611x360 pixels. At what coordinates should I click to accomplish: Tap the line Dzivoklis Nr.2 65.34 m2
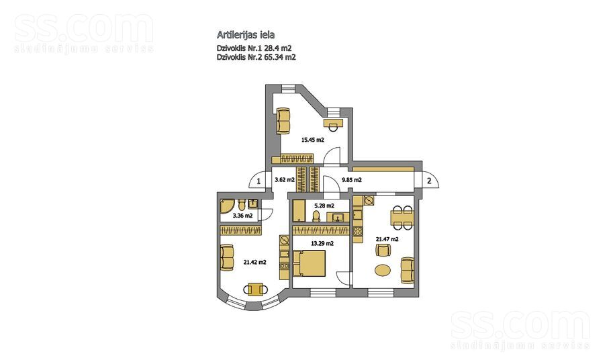pyautogui.click(x=256, y=58)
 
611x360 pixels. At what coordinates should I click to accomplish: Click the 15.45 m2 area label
pyautogui.click(x=312, y=140)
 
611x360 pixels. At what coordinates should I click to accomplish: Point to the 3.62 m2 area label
pyautogui.click(x=285, y=180)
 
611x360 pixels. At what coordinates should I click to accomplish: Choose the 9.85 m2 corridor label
pyautogui.click(x=352, y=180)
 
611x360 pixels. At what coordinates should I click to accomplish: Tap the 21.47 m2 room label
pyautogui.click(x=387, y=239)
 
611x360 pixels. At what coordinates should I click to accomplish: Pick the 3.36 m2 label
pyautogui.click(x=242, y=216)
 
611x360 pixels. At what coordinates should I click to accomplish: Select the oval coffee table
pyautogui.click(x=382, y=271)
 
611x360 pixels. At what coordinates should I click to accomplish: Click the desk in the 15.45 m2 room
pyautogui.click(x=333, y=124)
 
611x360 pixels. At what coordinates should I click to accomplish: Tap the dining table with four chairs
pyautogui.click(x=402, y=214)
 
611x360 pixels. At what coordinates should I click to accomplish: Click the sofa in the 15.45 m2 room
pyautogui.click(x=284, y=120)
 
